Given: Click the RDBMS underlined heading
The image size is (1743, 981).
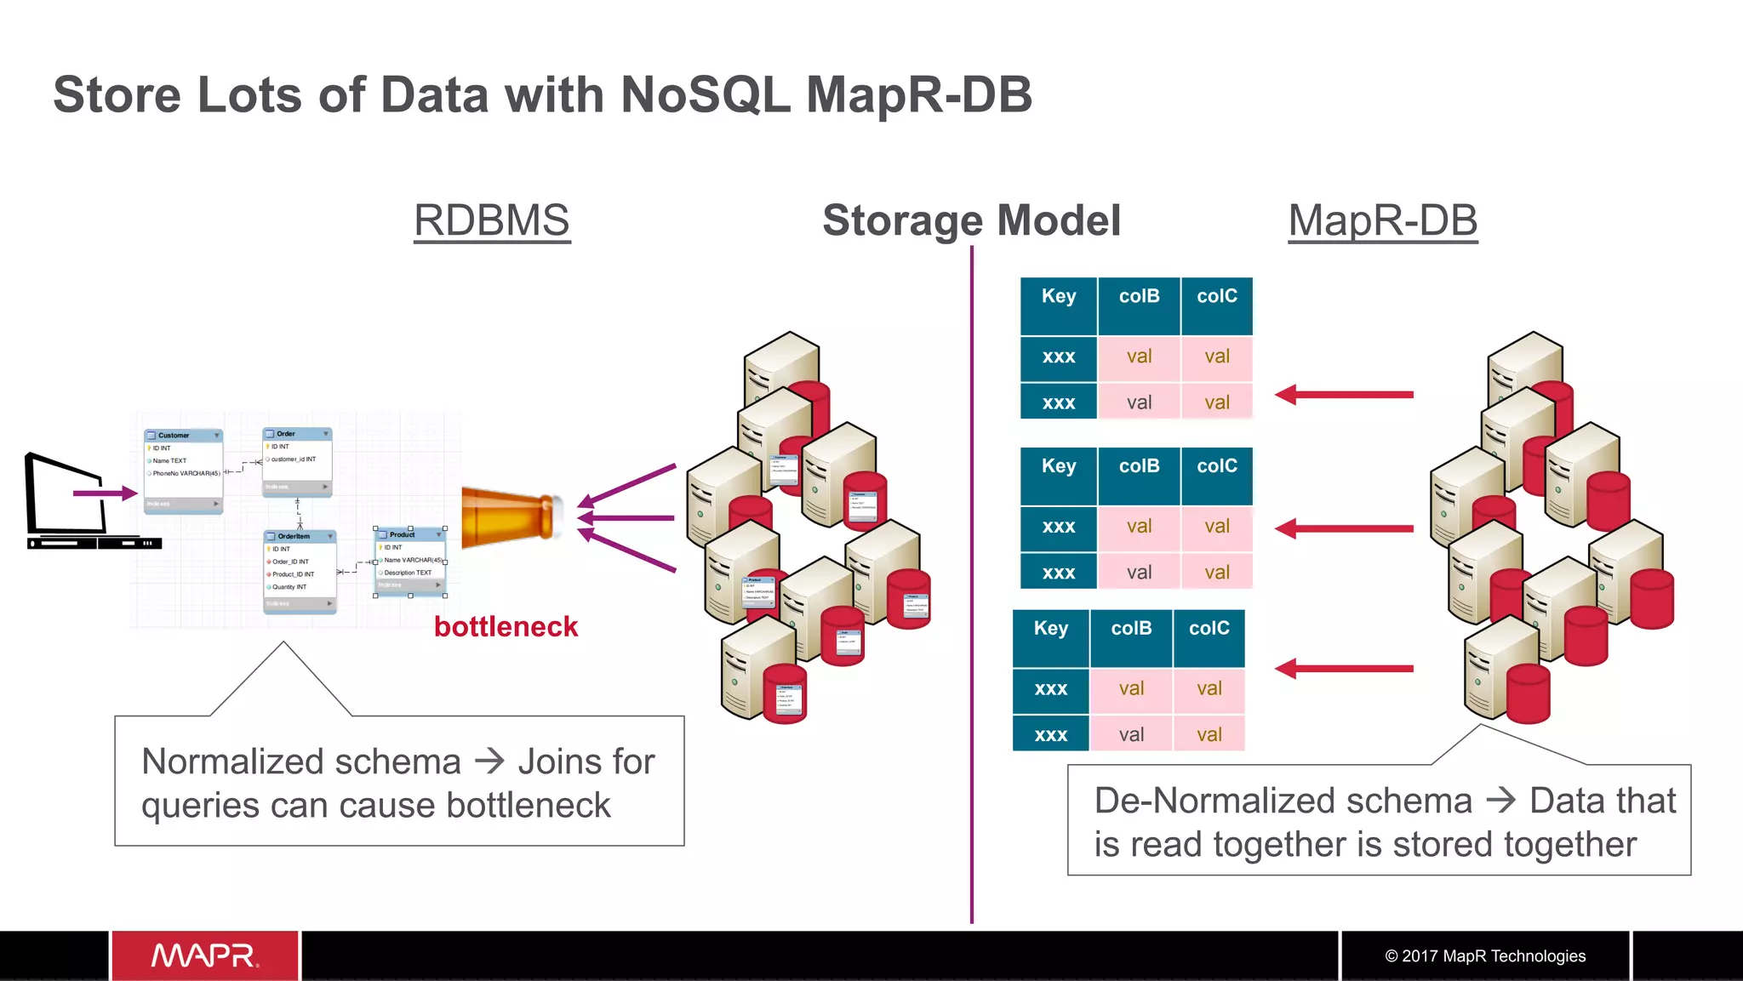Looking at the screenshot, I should pyautogui.click(x=491, y=221).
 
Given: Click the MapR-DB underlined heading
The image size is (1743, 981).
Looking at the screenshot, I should pyautogui.click(x=1382, y=221).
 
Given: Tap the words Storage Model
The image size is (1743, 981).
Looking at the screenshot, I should pyautogui.click(x=971, y=220).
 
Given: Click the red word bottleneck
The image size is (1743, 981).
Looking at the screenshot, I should pyautogui.click(x=506, y=627).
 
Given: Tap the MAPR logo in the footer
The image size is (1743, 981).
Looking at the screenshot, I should pyautogui.click(x=205, y=955).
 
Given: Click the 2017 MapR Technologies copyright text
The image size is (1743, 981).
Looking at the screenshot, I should pyautogui.click(x=1485, y=955).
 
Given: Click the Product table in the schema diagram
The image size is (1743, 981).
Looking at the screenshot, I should pyautogui.click(x=410, y=562).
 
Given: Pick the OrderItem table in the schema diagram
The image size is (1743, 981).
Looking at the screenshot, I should pyautogui.click(x=300, y=570).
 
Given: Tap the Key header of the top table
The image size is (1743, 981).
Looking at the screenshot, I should pyautogui.click(x=1059, y=297).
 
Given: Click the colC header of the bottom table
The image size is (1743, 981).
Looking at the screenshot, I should pyautogui.click(x=1209, y=629).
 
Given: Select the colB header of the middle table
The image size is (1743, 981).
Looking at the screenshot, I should pyautogui.click(x=1139, y=467).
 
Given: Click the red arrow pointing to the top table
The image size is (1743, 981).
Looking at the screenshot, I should pyautogui.click(x=1344, y=395).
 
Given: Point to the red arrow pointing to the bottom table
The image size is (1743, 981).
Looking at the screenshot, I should pyautogui.click(x=1344, y=669).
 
